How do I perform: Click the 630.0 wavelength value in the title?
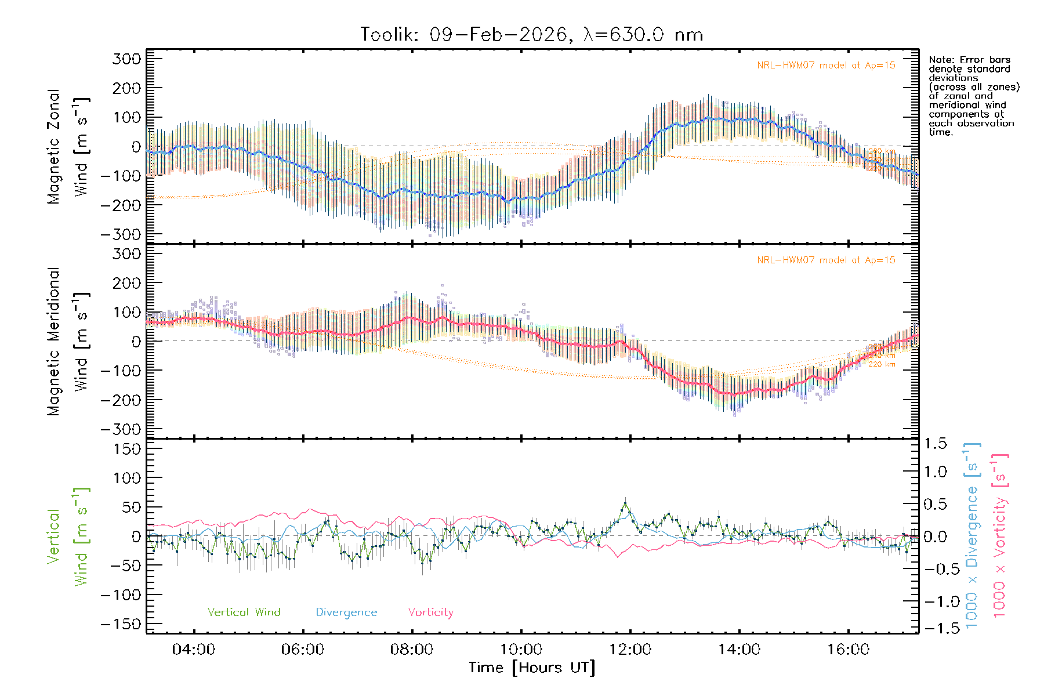637,35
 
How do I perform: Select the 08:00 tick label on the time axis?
412,650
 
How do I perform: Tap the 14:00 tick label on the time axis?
739,650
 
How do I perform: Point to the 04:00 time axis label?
194,650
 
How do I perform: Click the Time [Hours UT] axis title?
532,668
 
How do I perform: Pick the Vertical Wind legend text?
244,612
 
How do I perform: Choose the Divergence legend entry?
346,612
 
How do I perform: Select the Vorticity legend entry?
430,612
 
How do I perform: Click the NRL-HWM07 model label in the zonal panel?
826,66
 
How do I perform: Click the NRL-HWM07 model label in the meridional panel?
826,260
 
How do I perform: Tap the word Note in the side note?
941,60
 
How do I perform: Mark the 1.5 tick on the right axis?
936,444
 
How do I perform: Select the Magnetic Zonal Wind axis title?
68,146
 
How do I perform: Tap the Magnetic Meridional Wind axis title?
68,341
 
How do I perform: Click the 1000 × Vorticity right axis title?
999,535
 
